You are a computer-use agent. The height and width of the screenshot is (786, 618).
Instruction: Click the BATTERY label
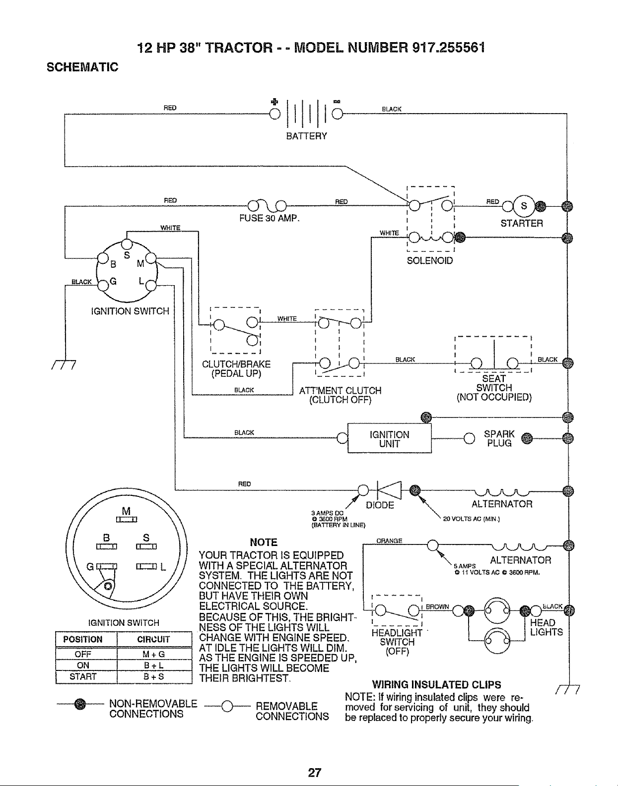[306, 136]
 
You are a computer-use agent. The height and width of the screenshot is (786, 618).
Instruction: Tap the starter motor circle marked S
[524, 206]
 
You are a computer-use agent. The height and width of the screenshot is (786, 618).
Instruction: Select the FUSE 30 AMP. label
[270, 219]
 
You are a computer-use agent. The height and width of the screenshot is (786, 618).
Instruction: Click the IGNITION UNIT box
[390, 438]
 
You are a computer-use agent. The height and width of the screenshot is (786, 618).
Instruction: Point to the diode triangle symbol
[389, 490]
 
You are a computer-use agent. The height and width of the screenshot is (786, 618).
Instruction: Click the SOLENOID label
[430, 261]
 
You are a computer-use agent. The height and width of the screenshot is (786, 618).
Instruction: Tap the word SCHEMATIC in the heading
[82, 67]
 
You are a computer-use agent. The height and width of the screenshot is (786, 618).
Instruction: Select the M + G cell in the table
[154, 654]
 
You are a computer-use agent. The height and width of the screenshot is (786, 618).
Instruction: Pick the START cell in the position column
[83, 676]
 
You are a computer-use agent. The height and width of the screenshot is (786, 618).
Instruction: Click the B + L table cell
[154, 665]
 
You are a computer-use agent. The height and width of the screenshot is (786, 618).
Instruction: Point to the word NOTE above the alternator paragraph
[264, 542]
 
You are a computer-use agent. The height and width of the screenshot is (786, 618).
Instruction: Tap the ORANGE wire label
[389, 541]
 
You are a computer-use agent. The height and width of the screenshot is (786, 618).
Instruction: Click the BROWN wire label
[437, 606]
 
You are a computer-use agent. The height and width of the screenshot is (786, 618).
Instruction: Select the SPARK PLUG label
[499, 438]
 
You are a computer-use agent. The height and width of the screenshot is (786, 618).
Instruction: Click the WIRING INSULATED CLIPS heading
[437, 685]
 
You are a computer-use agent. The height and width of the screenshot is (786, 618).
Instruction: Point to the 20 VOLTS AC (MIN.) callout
[472, 519]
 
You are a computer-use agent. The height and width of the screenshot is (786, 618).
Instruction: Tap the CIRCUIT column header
[153, 639]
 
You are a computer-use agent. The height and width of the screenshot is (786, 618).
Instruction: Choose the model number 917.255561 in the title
[449, 48]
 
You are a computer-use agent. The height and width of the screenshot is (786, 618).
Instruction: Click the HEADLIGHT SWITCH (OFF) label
[397, 642]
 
